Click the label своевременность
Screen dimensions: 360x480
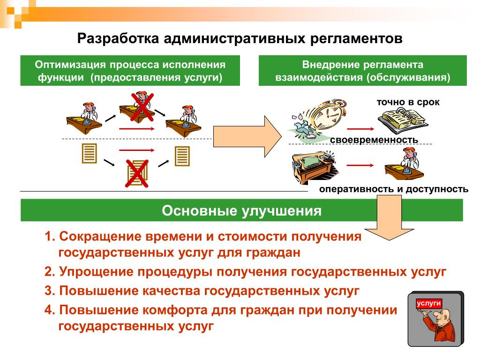374,140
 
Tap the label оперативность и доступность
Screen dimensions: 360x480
394,189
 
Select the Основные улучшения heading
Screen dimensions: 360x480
241,210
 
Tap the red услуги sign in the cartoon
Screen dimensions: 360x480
428,303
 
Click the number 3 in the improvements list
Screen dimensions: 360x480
49,291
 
